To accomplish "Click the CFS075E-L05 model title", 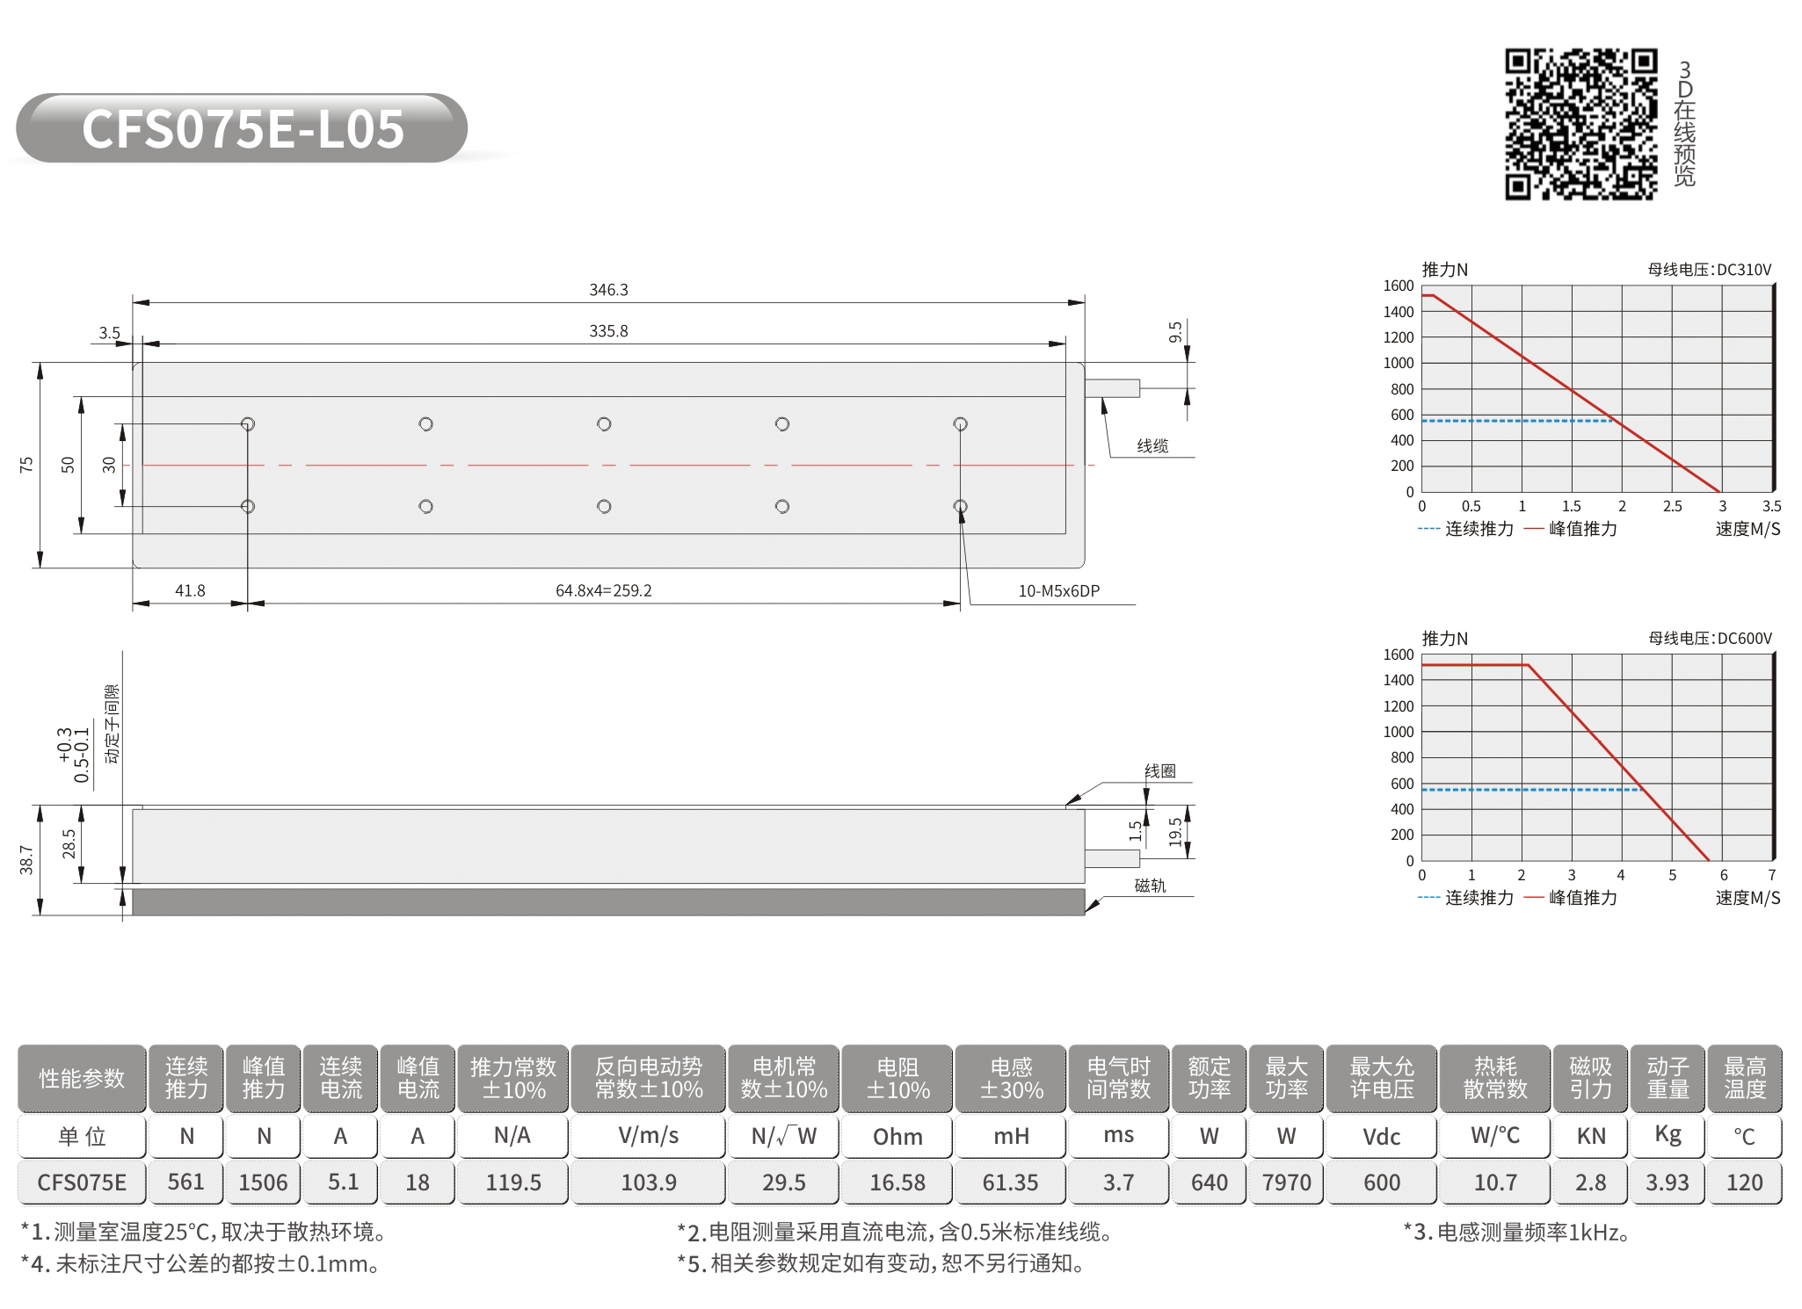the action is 243,128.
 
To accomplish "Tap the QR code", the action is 1581,124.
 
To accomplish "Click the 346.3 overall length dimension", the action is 608,290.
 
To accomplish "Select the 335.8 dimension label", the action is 608,331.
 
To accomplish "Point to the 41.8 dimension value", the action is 190,590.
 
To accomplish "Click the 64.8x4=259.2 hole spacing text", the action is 604,590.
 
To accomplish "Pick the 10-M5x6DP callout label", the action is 1058,591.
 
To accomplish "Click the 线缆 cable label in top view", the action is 1152,446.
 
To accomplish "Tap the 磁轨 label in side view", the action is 1150,886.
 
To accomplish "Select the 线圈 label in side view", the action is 1160,771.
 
